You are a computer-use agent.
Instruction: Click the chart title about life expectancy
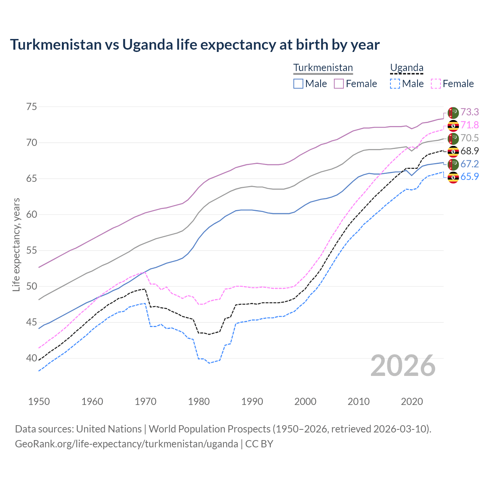[x=195, y=45]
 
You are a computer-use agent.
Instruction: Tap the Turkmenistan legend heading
[x=323, y=68]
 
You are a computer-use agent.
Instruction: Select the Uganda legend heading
[x=406, y=68]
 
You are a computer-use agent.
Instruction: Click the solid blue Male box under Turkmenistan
[x=298, y=84]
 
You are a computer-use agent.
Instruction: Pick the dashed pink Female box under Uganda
[x=436, y=84]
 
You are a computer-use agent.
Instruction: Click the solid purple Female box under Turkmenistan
[x=339, y=84]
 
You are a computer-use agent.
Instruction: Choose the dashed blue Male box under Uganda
[x=395, y=84]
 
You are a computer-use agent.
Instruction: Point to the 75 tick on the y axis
[x=32, y=107]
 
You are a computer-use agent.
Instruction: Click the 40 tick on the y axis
[x=32, y=358]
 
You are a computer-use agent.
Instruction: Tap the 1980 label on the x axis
[x=199, y=402]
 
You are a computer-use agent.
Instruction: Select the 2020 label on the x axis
[x=412, y=402]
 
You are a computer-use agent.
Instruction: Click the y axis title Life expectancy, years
[x=16, y=244]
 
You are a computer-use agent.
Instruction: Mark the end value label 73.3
[x=470, y=112]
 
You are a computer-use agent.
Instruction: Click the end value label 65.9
[x=470, y=176]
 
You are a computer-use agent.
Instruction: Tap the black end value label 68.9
[x=470, y=151]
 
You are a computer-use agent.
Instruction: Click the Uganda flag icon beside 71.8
[x=453, y=125]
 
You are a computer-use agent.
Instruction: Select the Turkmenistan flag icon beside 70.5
[x=453, y=138]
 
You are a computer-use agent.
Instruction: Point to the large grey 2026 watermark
[x=403, y=366]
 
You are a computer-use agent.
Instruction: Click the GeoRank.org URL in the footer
[x=126, y=444]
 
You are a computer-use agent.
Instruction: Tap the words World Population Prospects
[x=209, y=429]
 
